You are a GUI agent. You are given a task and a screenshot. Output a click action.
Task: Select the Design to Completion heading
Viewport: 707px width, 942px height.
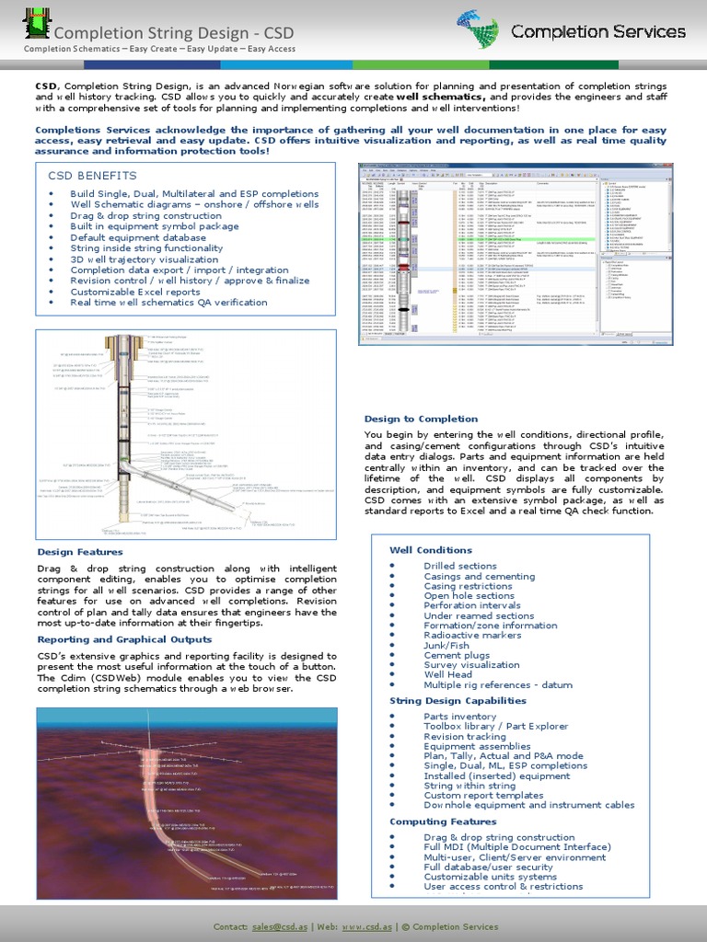(x=421, y=419)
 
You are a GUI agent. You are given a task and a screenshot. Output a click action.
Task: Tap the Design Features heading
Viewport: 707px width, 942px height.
(x=80, y=552)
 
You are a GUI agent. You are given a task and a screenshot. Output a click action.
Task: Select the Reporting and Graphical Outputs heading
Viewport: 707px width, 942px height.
(x=124, y=639)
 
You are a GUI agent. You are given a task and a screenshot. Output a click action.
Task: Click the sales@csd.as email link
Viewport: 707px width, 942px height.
(x=276, y=926)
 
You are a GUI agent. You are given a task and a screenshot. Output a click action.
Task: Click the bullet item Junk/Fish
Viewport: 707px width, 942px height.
(x=446, y=647)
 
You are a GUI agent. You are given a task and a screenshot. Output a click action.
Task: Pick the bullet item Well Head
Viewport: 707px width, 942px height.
(x=448, y=674)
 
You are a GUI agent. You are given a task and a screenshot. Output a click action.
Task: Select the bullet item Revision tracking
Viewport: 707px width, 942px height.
(x=465, y=737)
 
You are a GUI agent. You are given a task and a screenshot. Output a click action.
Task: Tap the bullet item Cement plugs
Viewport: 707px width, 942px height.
(x=457, y=655)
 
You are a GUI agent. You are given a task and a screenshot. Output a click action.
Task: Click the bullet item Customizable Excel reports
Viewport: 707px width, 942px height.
(x=135, y=292)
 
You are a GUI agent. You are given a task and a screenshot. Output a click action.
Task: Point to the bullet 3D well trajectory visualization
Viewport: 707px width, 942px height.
(x=145, y=259)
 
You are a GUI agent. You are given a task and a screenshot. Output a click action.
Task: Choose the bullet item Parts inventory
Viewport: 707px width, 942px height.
(x=459, y=717)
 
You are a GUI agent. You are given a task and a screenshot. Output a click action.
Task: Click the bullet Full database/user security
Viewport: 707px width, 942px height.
(x=488, y=867)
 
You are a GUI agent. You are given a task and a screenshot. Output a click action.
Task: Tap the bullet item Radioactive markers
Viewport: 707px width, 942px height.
(x=472, y=635)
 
